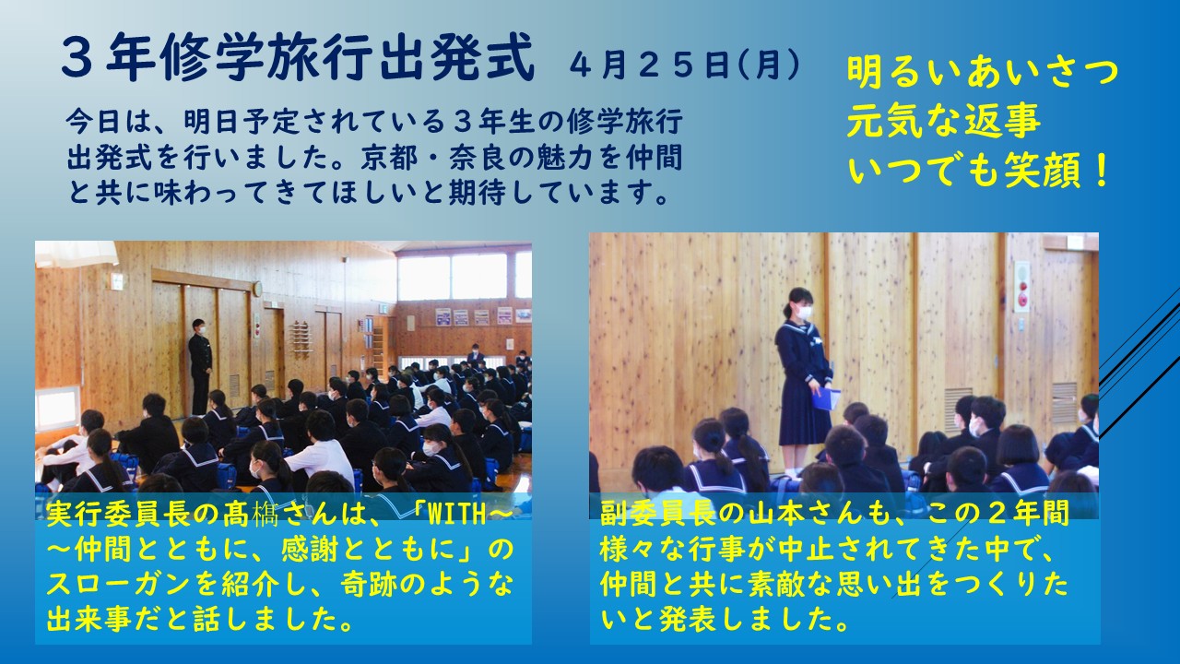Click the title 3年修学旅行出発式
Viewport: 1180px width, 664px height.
pos(298,57)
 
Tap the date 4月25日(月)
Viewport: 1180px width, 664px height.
pos(685,65)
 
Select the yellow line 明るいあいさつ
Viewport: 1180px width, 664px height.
pos(982,72)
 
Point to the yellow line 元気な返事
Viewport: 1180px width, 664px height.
pos(944,120)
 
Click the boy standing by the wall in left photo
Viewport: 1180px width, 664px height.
pos(200,366)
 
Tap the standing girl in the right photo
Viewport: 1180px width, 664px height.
pos(803,379)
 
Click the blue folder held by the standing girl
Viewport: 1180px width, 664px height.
pos(825,399)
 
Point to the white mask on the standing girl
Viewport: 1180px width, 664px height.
pos(804,313)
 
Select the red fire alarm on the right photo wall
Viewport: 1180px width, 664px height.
pos(1022,287)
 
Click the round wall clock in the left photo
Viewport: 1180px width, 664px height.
pos(257,289)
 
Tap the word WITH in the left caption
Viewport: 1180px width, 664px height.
pos(456,515)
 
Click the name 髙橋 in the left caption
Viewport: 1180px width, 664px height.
pos(251,515)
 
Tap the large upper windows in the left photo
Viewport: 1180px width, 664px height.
pos(465,276)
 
